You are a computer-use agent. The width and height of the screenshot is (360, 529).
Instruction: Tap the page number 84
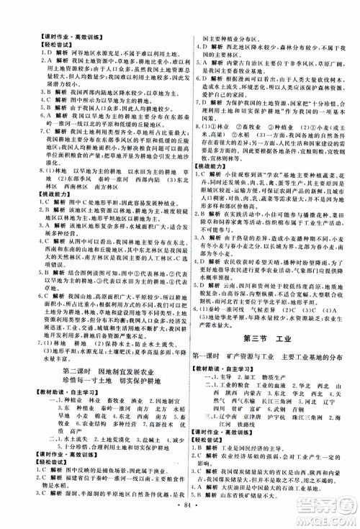point(180,519)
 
